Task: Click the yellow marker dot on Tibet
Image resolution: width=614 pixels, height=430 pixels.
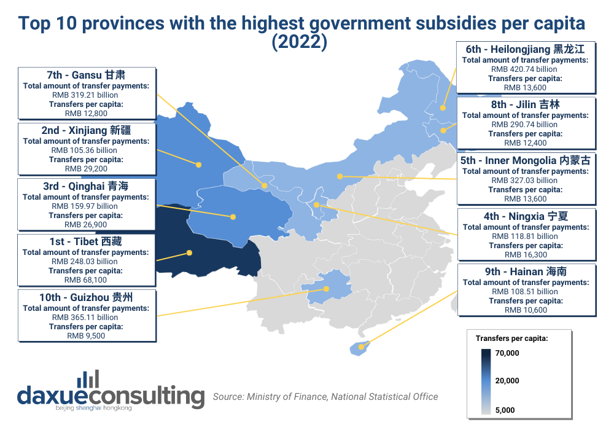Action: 189,252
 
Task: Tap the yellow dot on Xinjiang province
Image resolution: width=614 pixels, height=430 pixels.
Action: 199,165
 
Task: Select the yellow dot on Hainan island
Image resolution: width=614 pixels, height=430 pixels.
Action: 361,347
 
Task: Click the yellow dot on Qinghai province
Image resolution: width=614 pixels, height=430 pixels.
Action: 233,216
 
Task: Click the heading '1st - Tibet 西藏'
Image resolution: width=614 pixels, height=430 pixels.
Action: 85,241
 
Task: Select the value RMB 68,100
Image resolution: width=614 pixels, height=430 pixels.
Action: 85,280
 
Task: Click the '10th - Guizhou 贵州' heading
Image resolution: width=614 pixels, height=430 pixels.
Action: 85,297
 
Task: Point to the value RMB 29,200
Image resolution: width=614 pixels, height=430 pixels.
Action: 85,168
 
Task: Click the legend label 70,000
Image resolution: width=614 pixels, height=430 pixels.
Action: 507,353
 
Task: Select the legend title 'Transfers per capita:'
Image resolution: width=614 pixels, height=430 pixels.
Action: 511,338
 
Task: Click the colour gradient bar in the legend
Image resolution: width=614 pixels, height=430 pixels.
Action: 486,381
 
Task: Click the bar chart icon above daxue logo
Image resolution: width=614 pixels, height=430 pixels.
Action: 88,378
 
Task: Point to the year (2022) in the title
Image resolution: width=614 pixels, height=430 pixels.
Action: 301,42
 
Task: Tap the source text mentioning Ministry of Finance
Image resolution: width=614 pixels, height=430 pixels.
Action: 325,397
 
